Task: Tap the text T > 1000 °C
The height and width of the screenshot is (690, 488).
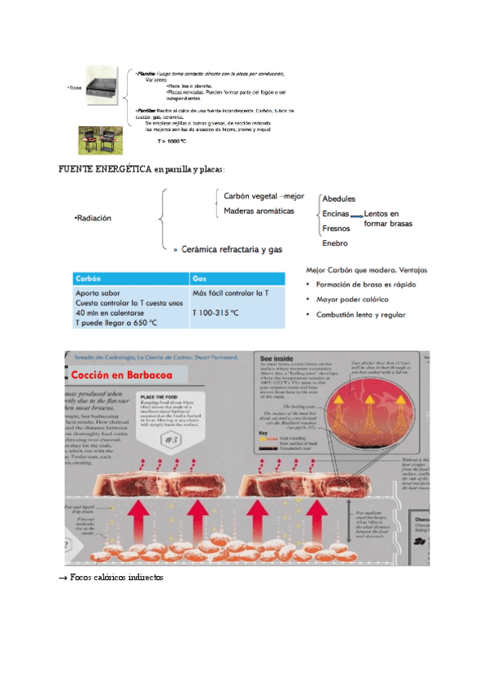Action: (x=172, y=140)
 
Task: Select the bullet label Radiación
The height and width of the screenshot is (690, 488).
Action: (x=93, y=218)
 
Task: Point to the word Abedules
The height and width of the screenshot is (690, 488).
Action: (x=338, y=199)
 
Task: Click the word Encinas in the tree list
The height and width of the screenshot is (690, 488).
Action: (x=335, y=213)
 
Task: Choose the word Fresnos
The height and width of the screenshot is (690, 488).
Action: (x=336, y=229)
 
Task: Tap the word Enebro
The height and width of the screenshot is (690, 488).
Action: (x=335, y=242)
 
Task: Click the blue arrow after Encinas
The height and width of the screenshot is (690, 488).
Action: (x=356, y=215)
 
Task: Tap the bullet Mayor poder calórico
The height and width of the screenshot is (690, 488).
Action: (x=354, y=299)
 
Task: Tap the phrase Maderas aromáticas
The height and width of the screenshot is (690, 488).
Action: (x=259, y=211)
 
